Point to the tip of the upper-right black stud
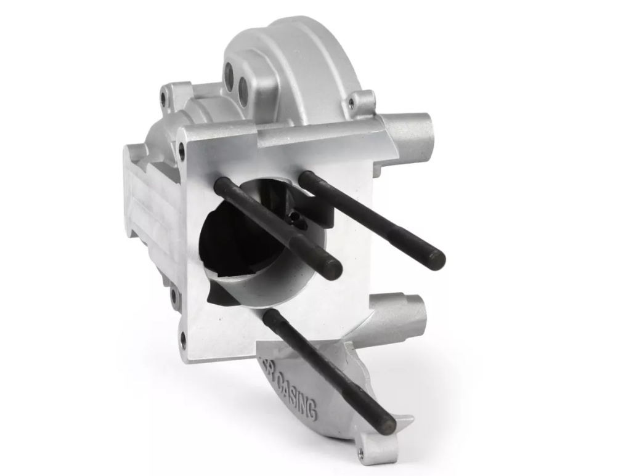pyautogui.click(x=436, y=259)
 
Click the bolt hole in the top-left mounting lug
pyautogui.click(x=164, y=97)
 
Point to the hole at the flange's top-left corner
pyautogui.click(x=181, y=148)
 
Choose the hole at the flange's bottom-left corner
pyautogui.click(x=182, y=337)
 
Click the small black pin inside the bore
pyautogui.click(x=296, y=220)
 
